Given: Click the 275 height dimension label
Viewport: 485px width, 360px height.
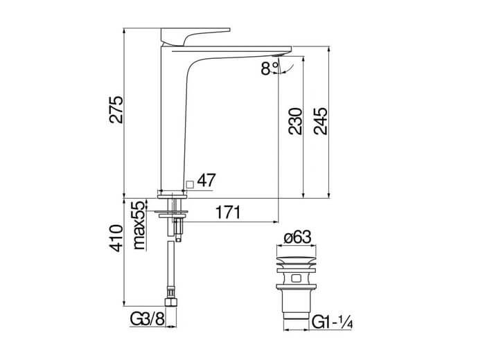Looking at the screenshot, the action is coord(116,109).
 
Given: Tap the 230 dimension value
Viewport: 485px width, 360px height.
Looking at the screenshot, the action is coord(295,121).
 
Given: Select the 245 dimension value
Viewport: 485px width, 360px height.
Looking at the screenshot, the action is coord(320,121).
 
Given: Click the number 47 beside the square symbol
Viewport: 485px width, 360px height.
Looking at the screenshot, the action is coord(206,180).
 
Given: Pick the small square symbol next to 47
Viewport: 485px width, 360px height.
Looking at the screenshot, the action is coord(190,185).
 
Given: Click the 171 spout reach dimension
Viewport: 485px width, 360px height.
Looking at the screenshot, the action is coord(228,213).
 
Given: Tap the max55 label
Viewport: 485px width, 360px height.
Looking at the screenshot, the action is coord(139,225).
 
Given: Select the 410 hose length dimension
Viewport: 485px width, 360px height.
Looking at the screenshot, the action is coord(116,238).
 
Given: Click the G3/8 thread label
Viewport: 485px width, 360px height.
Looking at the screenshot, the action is coord(147,318).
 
